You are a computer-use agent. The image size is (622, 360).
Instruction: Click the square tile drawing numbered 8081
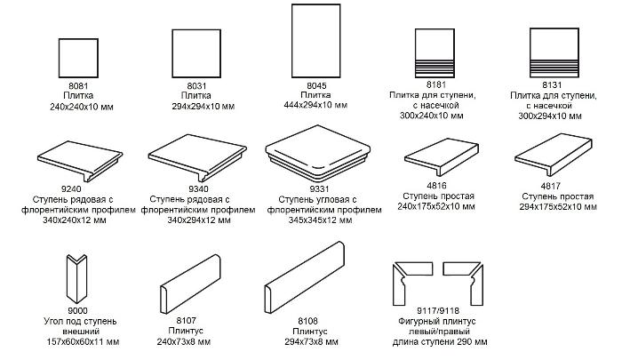pos(78,58)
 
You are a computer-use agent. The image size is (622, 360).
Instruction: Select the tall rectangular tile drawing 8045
pos(315,41)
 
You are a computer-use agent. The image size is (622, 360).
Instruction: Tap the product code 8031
pos(196,85)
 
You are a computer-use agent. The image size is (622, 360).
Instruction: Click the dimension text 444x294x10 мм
pos(315,105)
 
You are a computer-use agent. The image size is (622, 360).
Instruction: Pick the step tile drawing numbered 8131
pos(554,52)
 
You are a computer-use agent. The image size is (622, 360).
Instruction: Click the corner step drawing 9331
pos(318,154)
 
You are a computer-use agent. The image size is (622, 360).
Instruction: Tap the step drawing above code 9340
pos(197,157)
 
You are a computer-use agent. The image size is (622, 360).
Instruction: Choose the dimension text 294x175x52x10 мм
pos(558,207)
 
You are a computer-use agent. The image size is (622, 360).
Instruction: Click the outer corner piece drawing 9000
pos(76,279)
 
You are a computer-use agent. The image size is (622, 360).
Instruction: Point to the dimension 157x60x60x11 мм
pos(81,341)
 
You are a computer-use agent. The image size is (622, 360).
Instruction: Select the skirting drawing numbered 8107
pos(190,284)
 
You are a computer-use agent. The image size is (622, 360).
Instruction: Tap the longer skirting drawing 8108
pos(304,278)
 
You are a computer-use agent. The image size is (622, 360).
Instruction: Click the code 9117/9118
pos(438,311)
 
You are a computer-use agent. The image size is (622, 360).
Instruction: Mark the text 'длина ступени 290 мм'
pos(440,341)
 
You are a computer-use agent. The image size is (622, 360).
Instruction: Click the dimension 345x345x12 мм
pos(320,220)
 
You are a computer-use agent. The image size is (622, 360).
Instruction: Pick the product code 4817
pos(550,186)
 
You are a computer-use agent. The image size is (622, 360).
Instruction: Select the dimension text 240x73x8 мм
pos(184,341)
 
